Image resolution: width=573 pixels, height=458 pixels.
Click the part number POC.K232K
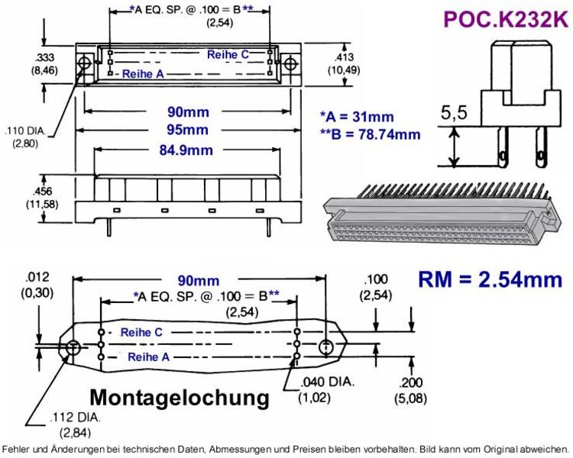click(506, 19)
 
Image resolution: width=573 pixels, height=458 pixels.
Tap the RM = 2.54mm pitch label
click(490, 279)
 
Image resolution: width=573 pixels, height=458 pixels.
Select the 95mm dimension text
click(187, 130)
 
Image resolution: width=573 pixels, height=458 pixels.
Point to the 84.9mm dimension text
click(186, 150)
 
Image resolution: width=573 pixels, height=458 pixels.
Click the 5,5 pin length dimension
click(454, 112)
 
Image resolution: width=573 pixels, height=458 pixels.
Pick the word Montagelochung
click(180, 398)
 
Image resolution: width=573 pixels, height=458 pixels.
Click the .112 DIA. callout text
click(75, 417)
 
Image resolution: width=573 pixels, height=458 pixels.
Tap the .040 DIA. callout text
click(328, 382)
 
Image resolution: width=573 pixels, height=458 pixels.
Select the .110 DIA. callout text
click(25, 131)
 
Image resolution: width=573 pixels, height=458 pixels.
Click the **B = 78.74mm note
click(371, 134)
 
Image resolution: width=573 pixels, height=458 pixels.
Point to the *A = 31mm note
click(357, 117)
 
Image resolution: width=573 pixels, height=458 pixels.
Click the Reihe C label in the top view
click(228, 55)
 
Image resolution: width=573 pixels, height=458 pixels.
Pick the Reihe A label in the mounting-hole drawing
click(148, 356)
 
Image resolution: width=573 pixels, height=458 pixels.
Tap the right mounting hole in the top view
click(290, 63)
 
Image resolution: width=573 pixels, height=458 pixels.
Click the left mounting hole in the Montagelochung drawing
click(73, 347)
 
